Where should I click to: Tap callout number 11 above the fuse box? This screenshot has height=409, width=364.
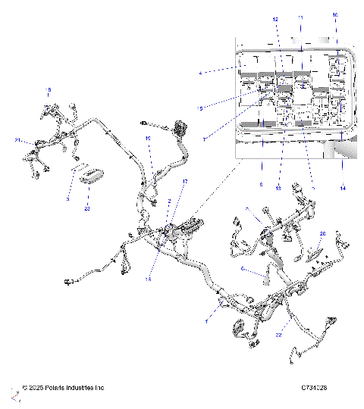300,17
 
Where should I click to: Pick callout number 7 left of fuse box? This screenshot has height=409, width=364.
204,139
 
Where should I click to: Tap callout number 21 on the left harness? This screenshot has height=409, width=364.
17,140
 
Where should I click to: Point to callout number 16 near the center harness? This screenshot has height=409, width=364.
149,139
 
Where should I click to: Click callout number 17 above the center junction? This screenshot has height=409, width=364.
184,183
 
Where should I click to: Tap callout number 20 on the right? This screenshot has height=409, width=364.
322,234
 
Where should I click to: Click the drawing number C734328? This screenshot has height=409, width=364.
313,388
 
